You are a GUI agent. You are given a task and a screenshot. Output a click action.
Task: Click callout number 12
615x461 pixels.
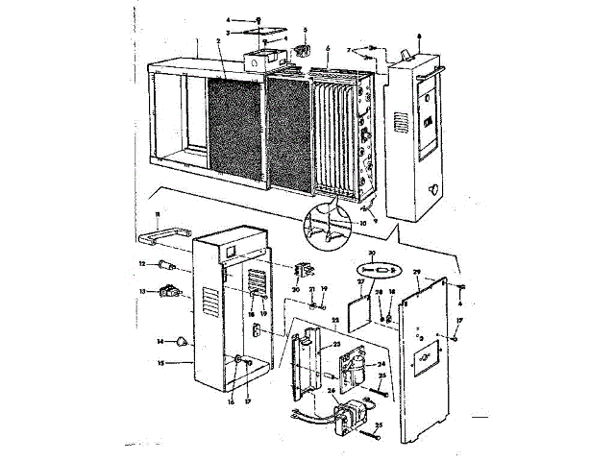[140, 262]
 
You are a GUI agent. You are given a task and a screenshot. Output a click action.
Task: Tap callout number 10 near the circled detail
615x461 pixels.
[363, 223]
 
